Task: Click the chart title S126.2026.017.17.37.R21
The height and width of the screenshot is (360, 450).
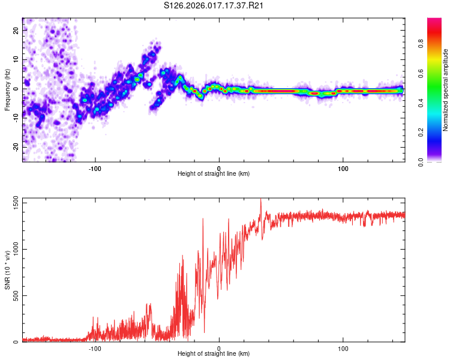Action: coord(214,5)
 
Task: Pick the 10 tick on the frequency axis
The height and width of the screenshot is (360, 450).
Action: coord(16,60)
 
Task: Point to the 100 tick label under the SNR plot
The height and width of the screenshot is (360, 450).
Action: coord(343,347)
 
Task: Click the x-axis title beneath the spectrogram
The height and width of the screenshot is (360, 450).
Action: coord(214,173)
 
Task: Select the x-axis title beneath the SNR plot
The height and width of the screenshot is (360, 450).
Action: coord(214,354)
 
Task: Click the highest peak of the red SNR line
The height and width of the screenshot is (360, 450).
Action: coord(260,199)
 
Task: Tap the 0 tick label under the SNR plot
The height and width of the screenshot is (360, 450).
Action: coord(219,347)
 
